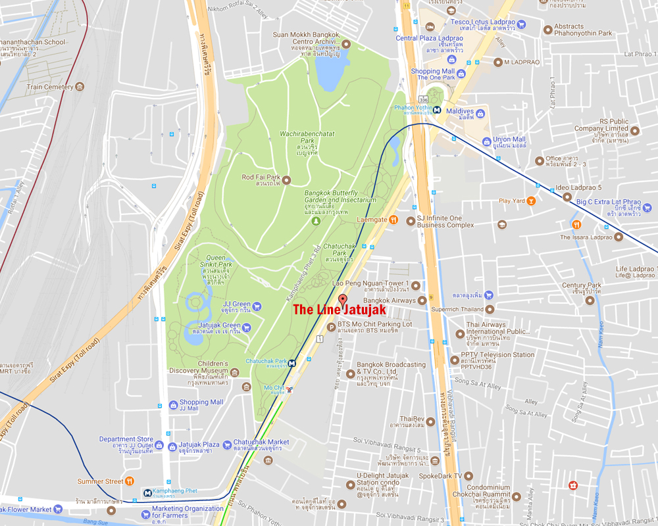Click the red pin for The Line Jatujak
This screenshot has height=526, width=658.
tap(342, 299)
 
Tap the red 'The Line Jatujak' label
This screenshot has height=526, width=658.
tap(339, 309)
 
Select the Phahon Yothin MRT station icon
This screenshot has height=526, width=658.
tap(437, 110)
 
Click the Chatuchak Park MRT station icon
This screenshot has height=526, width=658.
tap(291, 362)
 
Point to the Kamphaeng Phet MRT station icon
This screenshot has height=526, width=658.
tap(148, 492)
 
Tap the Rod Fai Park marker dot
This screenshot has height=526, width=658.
tap(286, 179)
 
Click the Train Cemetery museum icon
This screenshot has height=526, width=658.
tap(80, 87)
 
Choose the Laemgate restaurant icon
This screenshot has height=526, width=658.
tap(393, 220)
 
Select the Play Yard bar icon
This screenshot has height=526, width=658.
tap(531, 201)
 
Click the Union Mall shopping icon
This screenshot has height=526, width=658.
tap(486, 140)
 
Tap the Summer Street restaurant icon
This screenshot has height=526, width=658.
tap(130, 481)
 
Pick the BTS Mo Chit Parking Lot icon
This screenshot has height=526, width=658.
tap(331, 327)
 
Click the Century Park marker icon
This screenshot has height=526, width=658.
tap(590, 300)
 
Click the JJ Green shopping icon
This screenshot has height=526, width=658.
tap(257, 306)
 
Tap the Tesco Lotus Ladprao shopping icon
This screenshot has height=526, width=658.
tap(521, 24)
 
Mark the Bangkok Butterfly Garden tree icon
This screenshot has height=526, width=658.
tap(315, 222)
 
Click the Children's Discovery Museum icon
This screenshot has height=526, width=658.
tap(246, 387)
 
